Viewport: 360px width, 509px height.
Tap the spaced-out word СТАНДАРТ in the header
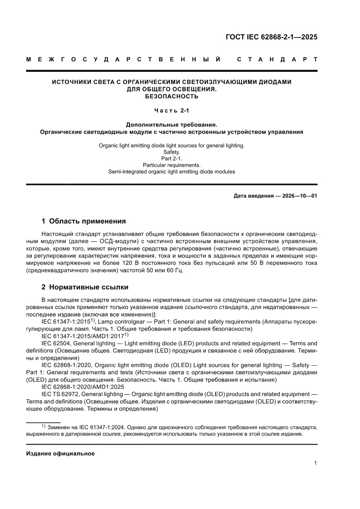tap(277, 59)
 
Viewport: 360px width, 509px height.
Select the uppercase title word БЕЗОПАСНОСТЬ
tap(172, 96)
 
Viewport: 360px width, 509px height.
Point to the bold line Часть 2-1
tap(172, 111)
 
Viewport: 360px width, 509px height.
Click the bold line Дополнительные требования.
tap(172, 124)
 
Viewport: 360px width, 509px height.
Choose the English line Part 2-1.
tap(172, 158)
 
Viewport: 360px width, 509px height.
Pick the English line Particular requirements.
tap(172, 165)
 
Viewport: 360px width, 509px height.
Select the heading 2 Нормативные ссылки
tap(84, 287)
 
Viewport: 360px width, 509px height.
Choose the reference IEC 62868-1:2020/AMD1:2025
tap(83, 387)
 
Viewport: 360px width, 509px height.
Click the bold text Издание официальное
tap(60, 454)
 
